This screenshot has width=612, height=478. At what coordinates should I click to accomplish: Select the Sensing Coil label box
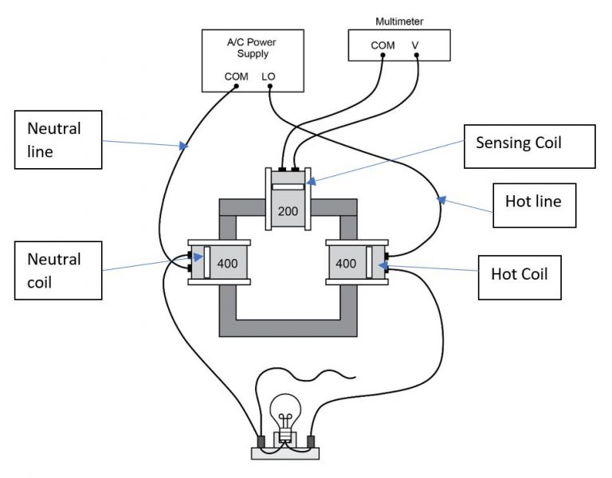click(x=529, y=146)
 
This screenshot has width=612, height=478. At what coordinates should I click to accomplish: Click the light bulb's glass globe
click(x=285, y=411)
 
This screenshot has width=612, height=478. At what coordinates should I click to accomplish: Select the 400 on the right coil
click(x=345, y=262)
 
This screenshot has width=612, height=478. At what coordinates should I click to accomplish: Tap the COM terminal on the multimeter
click(x=382, y=55)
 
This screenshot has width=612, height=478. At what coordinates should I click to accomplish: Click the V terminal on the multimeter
click(x=415, y=55)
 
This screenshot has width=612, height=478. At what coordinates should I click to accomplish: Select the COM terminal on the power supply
click(x=236, y=88)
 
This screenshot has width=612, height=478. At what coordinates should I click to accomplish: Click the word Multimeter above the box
click(x=399, y=17)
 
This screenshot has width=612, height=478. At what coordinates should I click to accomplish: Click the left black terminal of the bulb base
click(x=261, y=441)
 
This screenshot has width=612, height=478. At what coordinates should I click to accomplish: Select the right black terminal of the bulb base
click(x=311, y=441)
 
